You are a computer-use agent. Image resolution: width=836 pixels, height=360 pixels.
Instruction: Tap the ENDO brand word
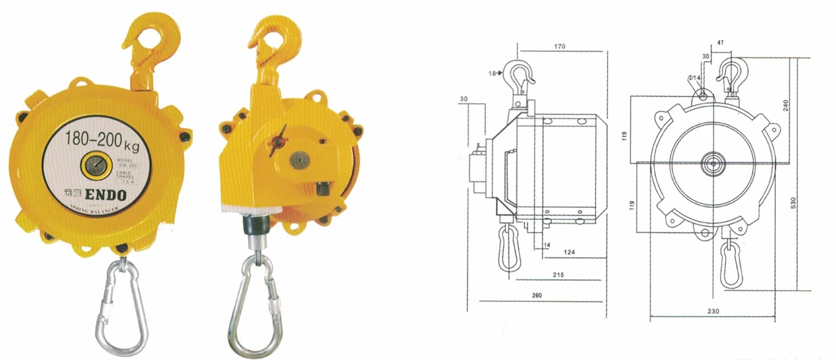[106, 195]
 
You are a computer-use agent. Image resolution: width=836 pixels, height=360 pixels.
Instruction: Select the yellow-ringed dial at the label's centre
[95, 166]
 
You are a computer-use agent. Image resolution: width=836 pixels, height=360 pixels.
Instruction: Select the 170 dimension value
[560, 46]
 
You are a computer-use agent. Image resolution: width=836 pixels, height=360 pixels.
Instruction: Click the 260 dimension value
[537, 295]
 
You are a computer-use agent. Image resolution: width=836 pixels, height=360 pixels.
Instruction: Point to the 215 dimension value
[558, 275]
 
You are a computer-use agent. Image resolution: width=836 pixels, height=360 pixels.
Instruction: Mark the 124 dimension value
[569, 252]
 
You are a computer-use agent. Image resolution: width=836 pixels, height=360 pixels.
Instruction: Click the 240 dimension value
[786, 105]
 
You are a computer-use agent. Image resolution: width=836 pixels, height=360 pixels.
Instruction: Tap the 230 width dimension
[713, 311]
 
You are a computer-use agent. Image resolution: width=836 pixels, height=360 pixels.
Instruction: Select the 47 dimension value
[720, 43]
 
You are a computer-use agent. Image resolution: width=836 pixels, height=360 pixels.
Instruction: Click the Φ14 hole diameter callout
[694, 78]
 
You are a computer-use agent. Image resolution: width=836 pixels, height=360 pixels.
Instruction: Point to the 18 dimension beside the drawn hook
[492, 73]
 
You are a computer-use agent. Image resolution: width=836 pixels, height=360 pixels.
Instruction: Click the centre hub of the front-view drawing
[712, 163]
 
